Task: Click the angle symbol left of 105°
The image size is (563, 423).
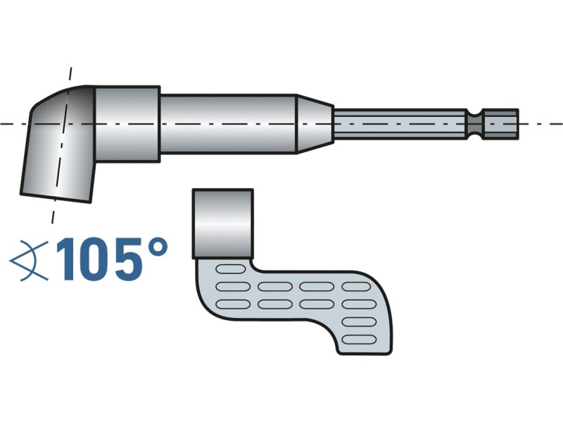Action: point(29,260)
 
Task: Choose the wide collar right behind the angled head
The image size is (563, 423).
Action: point(127,121)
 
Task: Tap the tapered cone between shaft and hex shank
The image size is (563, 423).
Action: point(314,123)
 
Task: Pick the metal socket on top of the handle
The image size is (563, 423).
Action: point(222,222)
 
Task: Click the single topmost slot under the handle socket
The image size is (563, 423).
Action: point(228,269)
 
